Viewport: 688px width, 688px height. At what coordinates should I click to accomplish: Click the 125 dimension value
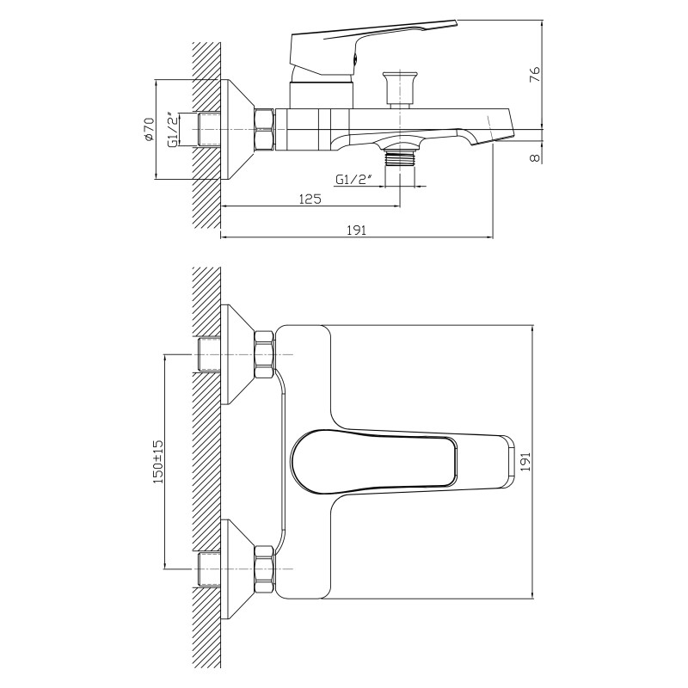coord(310,199)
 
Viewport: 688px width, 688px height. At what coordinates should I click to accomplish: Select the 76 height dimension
coord(535,75)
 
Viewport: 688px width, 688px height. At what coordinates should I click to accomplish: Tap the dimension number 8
coord(535,157)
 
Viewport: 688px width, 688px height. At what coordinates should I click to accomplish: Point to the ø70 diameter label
coord(149,129)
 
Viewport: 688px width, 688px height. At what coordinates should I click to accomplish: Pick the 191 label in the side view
coord(357,230)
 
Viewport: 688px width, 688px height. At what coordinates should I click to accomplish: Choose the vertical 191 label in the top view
coord(525,462)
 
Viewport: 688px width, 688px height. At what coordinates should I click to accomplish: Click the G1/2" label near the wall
coord(175,131)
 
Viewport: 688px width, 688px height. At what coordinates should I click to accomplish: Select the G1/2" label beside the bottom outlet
coord(353,180)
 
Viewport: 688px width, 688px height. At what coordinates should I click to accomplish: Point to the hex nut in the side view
coord(265,131)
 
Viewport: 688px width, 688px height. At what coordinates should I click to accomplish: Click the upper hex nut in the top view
coord(265,354)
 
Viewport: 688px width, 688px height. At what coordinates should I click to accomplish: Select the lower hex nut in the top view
coord(265,569)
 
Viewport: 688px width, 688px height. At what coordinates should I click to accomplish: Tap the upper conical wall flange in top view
coord(237,354)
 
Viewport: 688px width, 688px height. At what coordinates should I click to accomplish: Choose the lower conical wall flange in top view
coord(237,569)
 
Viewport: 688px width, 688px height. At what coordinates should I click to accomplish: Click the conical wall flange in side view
coord(237,131)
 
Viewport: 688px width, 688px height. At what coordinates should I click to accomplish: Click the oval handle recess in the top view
coord(373,462)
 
